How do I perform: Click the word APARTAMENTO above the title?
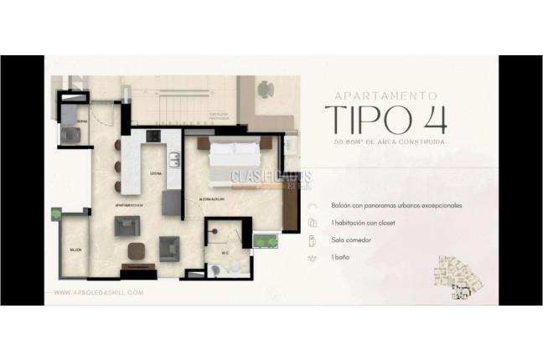coord(385,96)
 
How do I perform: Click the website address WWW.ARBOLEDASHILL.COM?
coord(99,292)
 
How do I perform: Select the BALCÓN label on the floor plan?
coord(75,250)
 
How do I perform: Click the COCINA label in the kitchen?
coord(155,174)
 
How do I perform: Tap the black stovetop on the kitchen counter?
coord(153,136)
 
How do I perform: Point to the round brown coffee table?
coord(135,249)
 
